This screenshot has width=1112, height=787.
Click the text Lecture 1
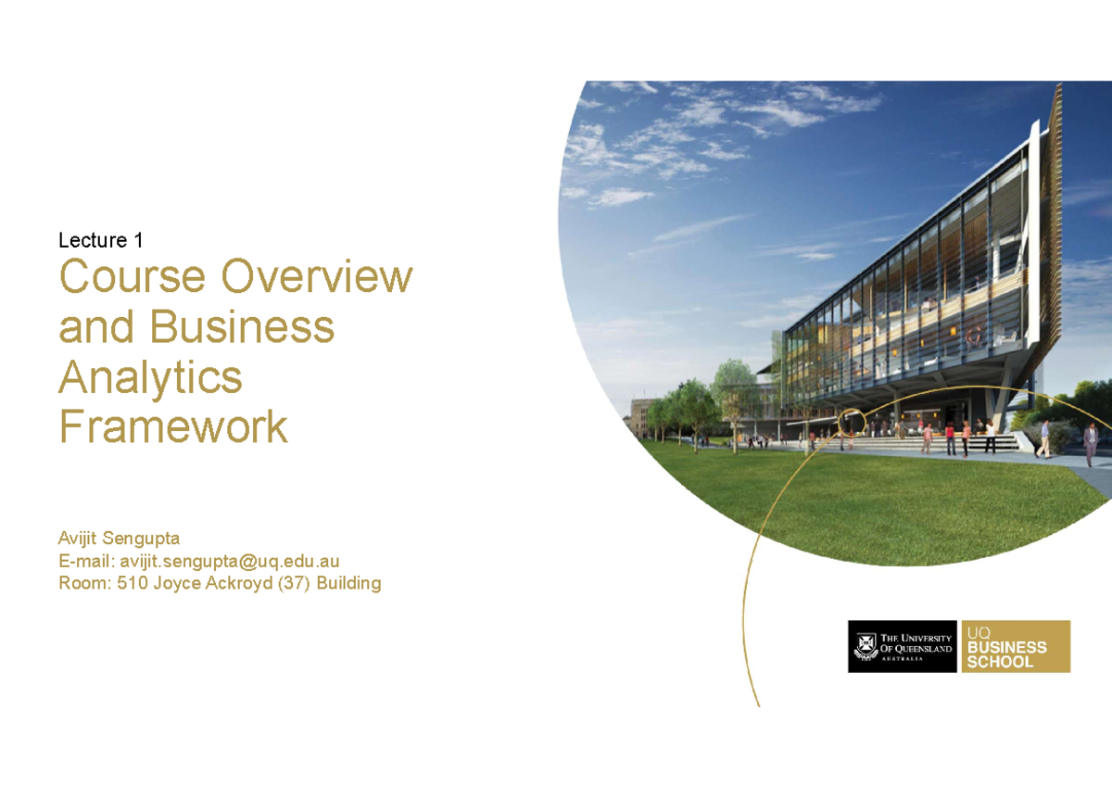101,240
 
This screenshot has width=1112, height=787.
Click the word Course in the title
132,276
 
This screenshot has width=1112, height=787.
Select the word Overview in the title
317,276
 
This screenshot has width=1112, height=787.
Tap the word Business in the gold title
242,326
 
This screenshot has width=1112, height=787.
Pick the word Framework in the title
173,426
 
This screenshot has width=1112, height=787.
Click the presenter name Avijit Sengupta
120,539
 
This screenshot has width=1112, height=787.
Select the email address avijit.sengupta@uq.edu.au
230,561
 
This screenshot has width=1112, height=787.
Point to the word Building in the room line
348,583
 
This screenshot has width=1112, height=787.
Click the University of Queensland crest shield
866,646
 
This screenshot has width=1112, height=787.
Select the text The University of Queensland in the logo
916,643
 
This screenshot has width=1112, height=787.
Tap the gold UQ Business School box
1016,646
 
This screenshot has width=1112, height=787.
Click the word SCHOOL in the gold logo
1000,662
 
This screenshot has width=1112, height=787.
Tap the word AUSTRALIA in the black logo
902,659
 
